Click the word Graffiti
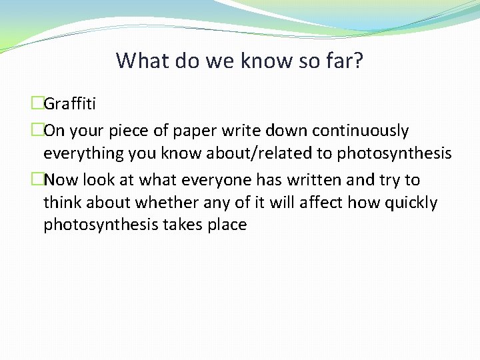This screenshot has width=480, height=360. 69,104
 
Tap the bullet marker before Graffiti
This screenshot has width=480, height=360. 37,103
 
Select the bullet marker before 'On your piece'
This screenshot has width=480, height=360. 37,130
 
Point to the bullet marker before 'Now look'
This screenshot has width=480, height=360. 37,179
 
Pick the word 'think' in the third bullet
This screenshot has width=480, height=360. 62,203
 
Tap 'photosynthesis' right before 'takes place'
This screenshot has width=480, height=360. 101,225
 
